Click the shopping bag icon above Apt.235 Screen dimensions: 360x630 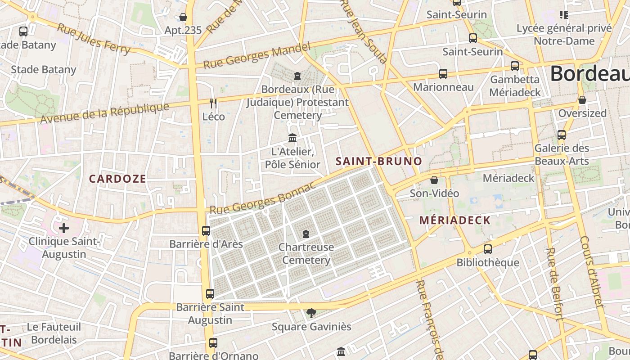point(183,18)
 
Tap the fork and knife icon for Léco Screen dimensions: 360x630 point(213,103)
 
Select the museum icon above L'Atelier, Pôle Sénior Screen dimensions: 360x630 point(292,138)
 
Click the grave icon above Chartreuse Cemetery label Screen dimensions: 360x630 point(306,234)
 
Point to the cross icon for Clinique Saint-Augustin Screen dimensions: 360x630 point(64,228)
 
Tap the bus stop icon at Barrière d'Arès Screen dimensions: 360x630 point(206,231)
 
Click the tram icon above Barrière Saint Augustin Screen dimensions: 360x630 point(210,294)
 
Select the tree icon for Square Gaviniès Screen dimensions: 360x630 point(311,313)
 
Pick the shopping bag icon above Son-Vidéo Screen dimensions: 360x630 point(434,180)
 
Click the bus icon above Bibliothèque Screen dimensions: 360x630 point(488,249)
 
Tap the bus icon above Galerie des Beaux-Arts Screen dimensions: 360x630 point(562,135)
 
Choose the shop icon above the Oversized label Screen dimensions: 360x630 point(582,100)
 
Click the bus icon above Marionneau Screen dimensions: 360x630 point(443,74)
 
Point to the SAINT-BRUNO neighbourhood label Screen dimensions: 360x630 point(379,162)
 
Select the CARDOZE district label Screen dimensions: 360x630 point(117,179)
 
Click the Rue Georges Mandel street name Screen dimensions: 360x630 point(257,56)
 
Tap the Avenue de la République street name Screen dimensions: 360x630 point(104,113)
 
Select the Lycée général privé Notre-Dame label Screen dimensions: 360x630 point(564,35)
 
